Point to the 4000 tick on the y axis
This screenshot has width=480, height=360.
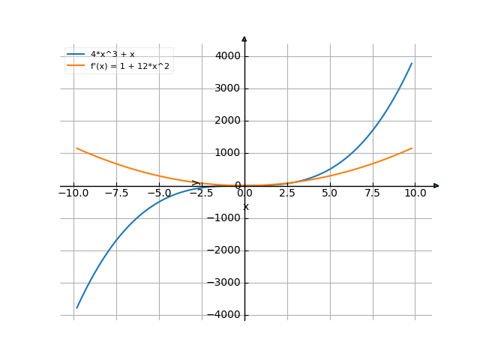pos(227,56)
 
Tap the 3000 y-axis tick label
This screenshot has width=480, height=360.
pos(227,88)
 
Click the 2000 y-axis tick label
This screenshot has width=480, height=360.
pos(227,121)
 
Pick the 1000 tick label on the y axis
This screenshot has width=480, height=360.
pos(227,153)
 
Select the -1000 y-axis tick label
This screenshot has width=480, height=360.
pos(225,218)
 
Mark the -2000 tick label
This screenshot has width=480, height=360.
pos(225,250)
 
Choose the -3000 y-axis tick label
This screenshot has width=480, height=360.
pos(225,283)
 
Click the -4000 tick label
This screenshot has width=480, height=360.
pos(225,315)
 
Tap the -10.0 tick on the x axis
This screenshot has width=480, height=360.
pos(73,193)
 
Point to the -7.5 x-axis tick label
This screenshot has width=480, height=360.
pos(116,193)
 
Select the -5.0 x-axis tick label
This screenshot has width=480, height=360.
pos(159,193)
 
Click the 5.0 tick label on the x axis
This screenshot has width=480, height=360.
pos(330,193)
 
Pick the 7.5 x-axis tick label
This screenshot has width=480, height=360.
pos(373,193)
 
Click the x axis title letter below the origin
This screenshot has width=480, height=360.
pos(245,206)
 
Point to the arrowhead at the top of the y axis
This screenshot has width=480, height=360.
pos(244,37)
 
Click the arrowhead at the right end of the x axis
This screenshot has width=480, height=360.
pos(436,185)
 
